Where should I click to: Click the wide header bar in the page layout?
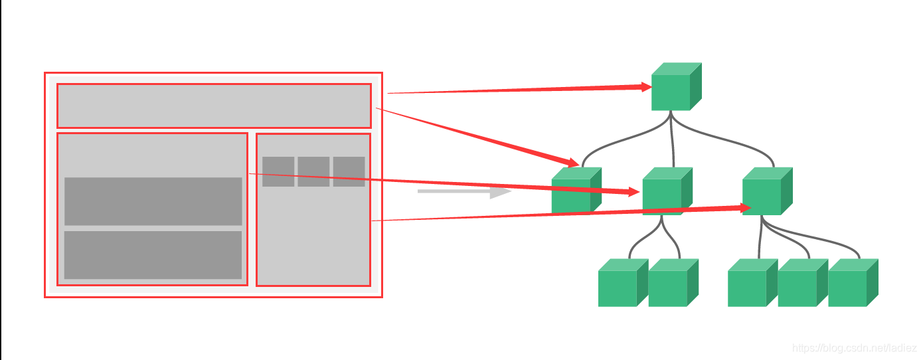(214, 106)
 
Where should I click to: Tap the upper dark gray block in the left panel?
(153, 201)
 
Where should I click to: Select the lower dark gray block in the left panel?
(153, 254)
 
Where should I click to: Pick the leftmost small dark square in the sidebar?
(278, 171)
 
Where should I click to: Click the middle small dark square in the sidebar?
(313, 171)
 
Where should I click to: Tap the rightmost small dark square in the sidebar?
(349, 171)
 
